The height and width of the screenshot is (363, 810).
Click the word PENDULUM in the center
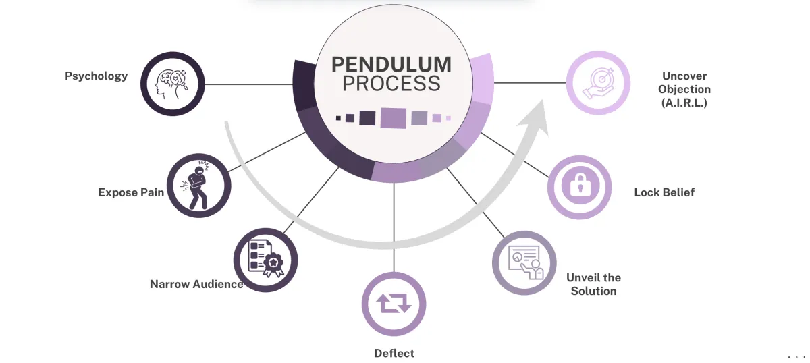point(391,65)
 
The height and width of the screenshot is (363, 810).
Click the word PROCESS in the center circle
point(391,84)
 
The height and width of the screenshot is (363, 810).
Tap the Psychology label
point(96,76)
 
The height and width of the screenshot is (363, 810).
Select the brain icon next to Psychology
point(172,84)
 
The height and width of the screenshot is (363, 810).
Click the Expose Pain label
point(131,192)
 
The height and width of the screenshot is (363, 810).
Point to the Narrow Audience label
point(196,284)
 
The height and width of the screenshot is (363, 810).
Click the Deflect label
point(394,353)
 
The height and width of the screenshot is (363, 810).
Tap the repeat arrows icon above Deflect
point(394,304)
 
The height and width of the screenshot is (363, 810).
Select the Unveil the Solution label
point(593,284)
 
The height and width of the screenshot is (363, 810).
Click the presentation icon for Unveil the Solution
point(524,263)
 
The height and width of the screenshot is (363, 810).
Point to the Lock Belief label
point(664,192)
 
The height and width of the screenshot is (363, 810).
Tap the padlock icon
point(579,186)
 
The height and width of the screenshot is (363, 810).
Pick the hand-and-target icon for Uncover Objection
point(597,83)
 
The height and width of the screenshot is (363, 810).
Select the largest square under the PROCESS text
point(392,117)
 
